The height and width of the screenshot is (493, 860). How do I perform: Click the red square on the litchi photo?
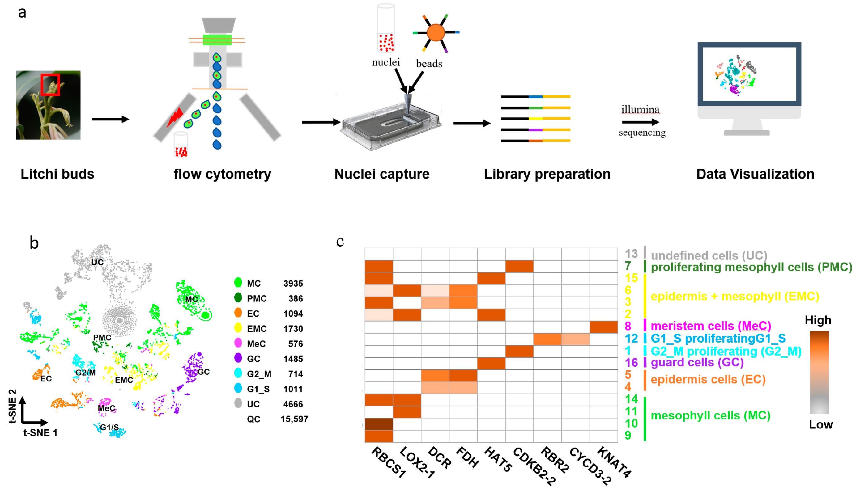tap(50, 85)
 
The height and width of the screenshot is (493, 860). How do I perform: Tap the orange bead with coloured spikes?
tap(436, 33)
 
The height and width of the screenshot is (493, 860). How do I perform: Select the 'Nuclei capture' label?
tap(381, 174)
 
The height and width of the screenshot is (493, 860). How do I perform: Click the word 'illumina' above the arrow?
tap(640, 110)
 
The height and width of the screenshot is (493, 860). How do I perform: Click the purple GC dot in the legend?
tap(238, 358)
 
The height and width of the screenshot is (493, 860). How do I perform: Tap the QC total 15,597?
tap(294, 419)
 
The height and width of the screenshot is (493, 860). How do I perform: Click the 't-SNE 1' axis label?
tap(40, 433)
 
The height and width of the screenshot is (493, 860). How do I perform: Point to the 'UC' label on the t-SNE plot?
tap(97, 263)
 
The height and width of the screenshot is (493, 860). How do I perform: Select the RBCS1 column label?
tap(388, 462)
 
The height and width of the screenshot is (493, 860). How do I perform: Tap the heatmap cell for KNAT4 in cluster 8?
tap(603, 327)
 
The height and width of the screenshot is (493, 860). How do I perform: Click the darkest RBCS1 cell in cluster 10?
tap(379, 424)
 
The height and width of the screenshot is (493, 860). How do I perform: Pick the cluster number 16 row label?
tap(631, 363)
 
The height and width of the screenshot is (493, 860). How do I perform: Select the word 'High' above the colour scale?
tap(818, 320)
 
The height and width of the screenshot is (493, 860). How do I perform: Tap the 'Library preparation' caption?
tap(547, 174)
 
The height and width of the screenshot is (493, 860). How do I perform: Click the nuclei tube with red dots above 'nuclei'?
tap(386, 29)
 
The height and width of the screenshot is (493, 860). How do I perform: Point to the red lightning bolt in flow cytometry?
tap(175, 117)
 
